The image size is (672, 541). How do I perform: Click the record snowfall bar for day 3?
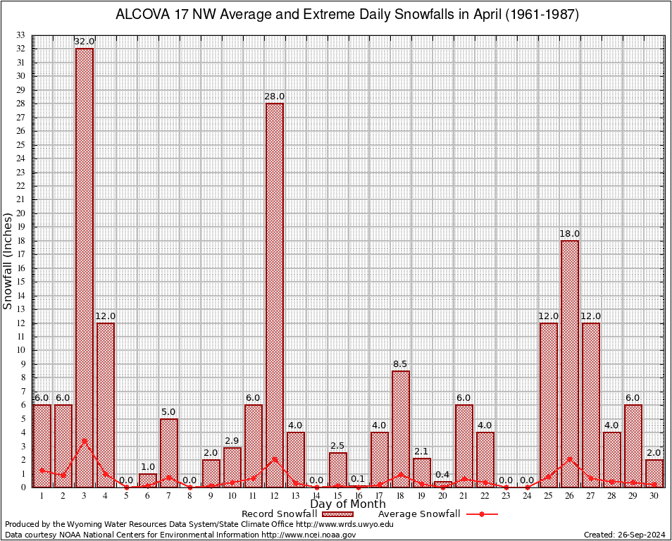(85, 268)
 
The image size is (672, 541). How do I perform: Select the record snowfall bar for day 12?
(275, 296)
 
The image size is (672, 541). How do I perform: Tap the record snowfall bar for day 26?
(570, 363)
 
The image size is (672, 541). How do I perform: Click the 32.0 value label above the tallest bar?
(85, 42)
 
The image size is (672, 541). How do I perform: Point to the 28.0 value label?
(275, 97)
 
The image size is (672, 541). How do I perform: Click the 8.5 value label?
(401, 364)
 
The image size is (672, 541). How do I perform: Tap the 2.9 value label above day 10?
(232, 440)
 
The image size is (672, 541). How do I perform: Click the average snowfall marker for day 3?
(85, 441)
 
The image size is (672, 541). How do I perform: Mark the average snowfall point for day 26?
(570, 459)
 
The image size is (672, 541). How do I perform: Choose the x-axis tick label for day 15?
(337, 497)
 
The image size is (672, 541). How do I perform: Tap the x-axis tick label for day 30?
(654, 497)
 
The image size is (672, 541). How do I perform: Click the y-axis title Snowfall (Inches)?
(8, 261)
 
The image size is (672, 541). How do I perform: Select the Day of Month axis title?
(347, 504)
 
